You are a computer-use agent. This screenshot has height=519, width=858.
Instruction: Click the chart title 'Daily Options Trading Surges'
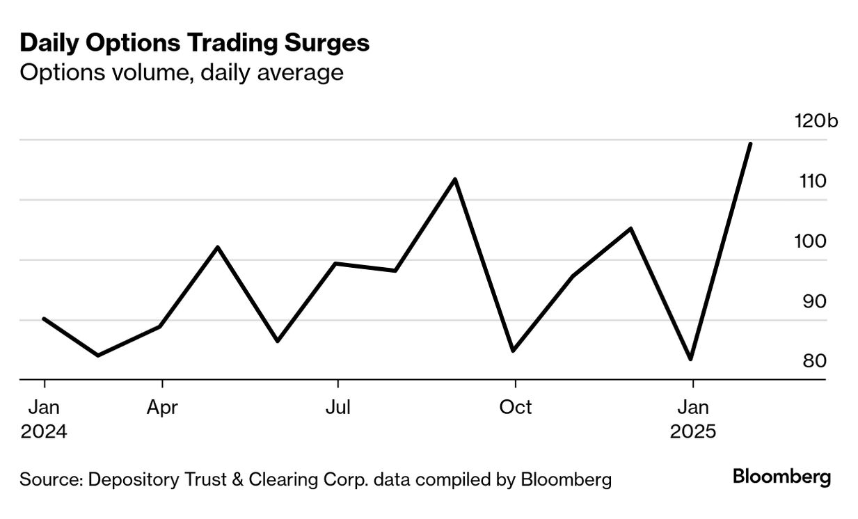[194, 43]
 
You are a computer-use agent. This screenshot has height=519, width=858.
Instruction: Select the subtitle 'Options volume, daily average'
[182, 72]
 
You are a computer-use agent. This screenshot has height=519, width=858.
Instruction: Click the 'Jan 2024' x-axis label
[44, 420]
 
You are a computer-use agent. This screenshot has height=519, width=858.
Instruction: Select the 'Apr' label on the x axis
[162, 408]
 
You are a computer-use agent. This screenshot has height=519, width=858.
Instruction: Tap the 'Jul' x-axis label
[337, 408]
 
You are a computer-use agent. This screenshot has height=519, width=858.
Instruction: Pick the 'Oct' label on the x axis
[515, 408]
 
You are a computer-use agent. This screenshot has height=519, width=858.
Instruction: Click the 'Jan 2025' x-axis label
[692, 420]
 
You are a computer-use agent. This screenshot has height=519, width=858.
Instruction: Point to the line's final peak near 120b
[750, 144]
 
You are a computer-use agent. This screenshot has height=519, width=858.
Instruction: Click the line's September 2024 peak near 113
[455, 179]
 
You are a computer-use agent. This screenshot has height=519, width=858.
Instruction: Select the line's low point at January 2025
[690, 359]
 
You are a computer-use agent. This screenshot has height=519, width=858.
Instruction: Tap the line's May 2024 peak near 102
[218, 247]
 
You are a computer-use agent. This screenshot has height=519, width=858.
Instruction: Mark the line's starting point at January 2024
[44, 319]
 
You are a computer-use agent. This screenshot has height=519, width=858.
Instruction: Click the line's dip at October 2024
[514, 351]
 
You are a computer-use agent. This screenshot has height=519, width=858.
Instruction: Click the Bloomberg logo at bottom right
[782, 477]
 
